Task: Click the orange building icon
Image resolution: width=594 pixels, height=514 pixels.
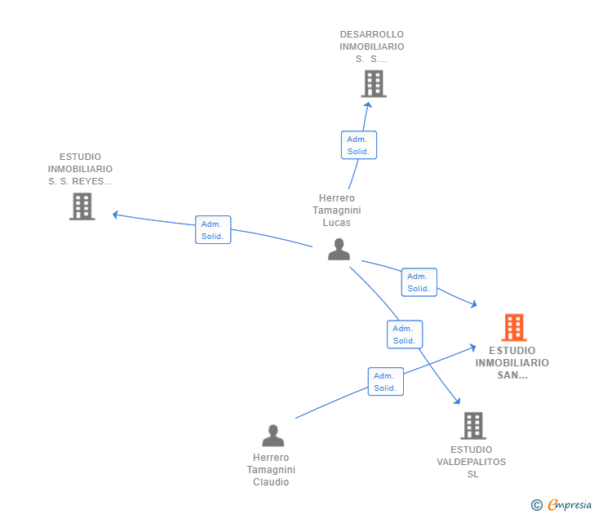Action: [x=513, y=327]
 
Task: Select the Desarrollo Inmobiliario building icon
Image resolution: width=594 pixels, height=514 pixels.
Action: [x=373, y=83]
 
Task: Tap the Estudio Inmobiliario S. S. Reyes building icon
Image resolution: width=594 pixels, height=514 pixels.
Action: [x=82, y=206]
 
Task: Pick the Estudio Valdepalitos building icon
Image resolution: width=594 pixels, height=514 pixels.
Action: [x=472, y=425]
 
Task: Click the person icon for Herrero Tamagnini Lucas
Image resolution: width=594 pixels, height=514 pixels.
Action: [x=339, y=249]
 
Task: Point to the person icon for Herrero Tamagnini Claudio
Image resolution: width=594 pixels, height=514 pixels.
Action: [x=273, y=435]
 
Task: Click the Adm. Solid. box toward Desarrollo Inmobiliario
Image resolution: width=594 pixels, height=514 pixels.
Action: [x=358, y=145]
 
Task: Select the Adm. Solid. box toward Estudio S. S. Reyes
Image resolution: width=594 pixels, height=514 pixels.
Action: [x=213, y=230]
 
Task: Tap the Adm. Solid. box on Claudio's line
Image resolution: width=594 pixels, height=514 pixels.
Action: [x=385, y=382]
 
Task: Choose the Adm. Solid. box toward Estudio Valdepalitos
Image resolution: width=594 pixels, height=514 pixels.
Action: [x=404, y=335]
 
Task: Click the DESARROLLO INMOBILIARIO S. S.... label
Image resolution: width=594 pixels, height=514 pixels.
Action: [x=372, y=47]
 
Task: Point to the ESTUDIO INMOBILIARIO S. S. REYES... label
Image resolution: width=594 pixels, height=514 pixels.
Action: [x=80, y=169]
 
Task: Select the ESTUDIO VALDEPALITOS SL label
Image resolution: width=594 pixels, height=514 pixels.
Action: [x=471, y=462]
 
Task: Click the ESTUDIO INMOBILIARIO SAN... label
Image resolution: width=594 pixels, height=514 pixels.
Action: [x=512, y=363]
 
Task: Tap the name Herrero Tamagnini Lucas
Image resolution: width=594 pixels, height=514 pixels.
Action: [x=336, y=210]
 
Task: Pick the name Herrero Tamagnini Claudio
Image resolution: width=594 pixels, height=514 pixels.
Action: [x=271, y=470]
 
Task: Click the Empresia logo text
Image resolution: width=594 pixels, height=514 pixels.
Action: [x=570, y=505]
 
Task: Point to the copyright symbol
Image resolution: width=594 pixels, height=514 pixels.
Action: [x=536, y=505]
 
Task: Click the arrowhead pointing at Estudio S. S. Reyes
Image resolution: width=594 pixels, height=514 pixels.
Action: [x=115, y=215]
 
